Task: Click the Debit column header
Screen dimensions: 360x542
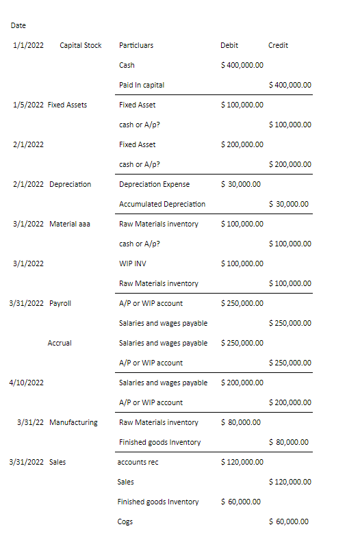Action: point(229,45)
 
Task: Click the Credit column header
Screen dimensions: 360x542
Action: point(278,45)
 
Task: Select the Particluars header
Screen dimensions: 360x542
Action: point(136,45)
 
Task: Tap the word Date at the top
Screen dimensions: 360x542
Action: point(18,25)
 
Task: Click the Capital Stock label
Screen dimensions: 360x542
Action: point(81,45)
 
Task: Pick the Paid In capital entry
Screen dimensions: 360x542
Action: point(142,85)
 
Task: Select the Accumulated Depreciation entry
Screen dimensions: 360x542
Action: point(162,204)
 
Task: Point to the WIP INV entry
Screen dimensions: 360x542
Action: point(132,263)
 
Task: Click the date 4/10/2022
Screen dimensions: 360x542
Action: point(27,383)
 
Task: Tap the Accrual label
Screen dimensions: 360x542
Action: point(60,343)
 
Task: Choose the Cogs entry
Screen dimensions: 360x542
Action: point(126,521)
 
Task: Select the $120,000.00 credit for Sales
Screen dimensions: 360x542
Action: point(291,482)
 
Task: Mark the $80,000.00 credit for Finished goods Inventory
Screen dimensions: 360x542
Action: point(290,442)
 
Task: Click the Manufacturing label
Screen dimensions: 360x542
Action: point(73,422)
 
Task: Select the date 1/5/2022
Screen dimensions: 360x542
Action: point(28,105)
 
